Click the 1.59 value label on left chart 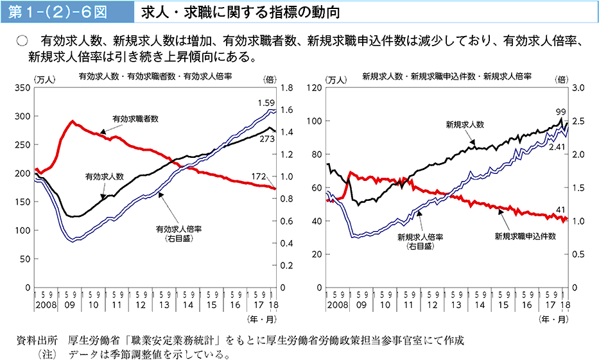pyautogui.click(x=265, y=103)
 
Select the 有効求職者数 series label pyautogui.click(x=135, y=119)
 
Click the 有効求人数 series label pyautogui.click(x=105, y=176)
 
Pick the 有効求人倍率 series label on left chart pyautogui.click(x=174, y=228)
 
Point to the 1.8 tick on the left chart pyautogui.click(x=286, y=88)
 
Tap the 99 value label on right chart pyautogui.click(x=560, y=112)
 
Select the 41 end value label pyautogui.click(x=560, y=209)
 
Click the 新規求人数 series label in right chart pyautogui.click(x=465, y=124)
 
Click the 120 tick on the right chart pyautogui.click(x=314, y=88)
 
